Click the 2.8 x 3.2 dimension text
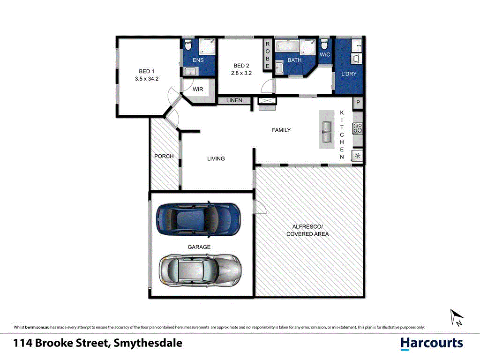coord(241,73)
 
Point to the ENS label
coord(198,60)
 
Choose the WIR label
coord(198,89)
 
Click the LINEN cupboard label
coord(234,100)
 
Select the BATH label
coord(294,60)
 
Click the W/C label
coord(325,55)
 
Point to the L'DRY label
coord(349,74)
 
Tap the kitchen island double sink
coord(326,130)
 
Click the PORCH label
coord(164,156)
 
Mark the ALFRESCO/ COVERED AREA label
coord(307,230)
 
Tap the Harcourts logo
coord(432,343)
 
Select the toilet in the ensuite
coord(187,45)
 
